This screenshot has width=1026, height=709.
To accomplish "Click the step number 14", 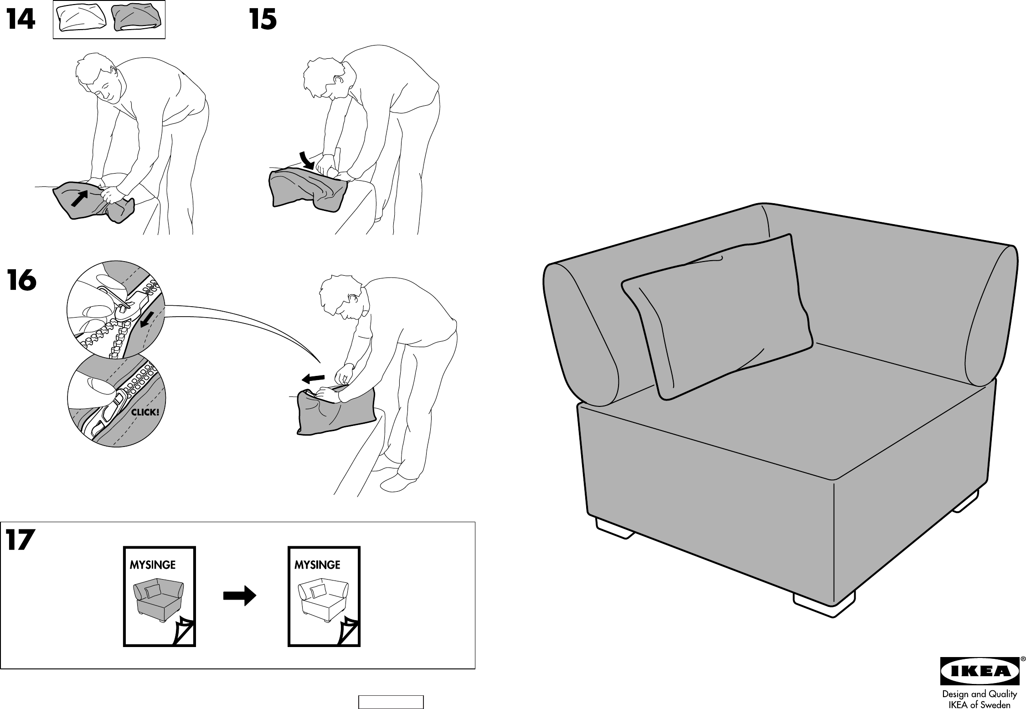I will click(x=21, y=21).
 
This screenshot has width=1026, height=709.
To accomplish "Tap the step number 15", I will click(x=263, y=21).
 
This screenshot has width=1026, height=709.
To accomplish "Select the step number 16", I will click(x=21, y=281).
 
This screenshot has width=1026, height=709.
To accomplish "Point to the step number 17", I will click(x=21, y=540).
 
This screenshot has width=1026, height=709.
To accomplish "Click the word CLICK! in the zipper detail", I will click(x=145, y=413).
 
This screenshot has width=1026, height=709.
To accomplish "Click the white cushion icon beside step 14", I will click(x=81, y=19).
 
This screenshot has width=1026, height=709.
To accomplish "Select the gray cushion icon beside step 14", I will click(x=136, y=19).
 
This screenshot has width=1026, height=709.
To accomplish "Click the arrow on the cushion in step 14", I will click(x=79, y=199).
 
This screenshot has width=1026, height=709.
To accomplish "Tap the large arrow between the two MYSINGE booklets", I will click(x=240, y=596).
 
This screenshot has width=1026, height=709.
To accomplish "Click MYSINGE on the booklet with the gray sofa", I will click(x=153, y=565).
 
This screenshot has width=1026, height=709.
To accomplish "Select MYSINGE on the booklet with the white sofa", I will click(x=317, y=565).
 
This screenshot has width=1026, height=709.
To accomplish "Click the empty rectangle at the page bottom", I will click(x=391, y=702).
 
